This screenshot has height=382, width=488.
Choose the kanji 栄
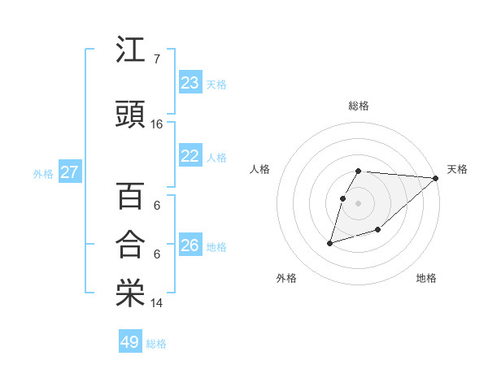coord(130,293)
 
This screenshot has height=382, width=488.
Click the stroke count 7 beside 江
coord(157,59)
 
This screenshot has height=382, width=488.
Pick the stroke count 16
coord(157,124)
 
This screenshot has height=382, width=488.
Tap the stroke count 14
coord(157,303)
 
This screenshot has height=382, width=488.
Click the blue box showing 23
coord(190,83)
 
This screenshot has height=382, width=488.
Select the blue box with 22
coord(190,156)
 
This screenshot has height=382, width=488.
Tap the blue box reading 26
coord(190,245)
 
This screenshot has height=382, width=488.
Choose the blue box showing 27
coord(69,172)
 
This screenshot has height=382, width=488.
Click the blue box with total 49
coord(130,342)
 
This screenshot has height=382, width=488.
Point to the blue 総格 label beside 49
coord(156,344)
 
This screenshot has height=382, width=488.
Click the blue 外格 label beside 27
coord(43,174)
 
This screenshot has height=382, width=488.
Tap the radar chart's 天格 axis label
coord(457,169)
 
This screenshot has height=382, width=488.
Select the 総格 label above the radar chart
coord(359,106)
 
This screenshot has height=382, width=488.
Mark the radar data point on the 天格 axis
coord(436,178)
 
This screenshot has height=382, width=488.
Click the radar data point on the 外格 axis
coord(330,242)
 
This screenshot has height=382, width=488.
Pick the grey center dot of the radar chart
coord(359,203)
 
